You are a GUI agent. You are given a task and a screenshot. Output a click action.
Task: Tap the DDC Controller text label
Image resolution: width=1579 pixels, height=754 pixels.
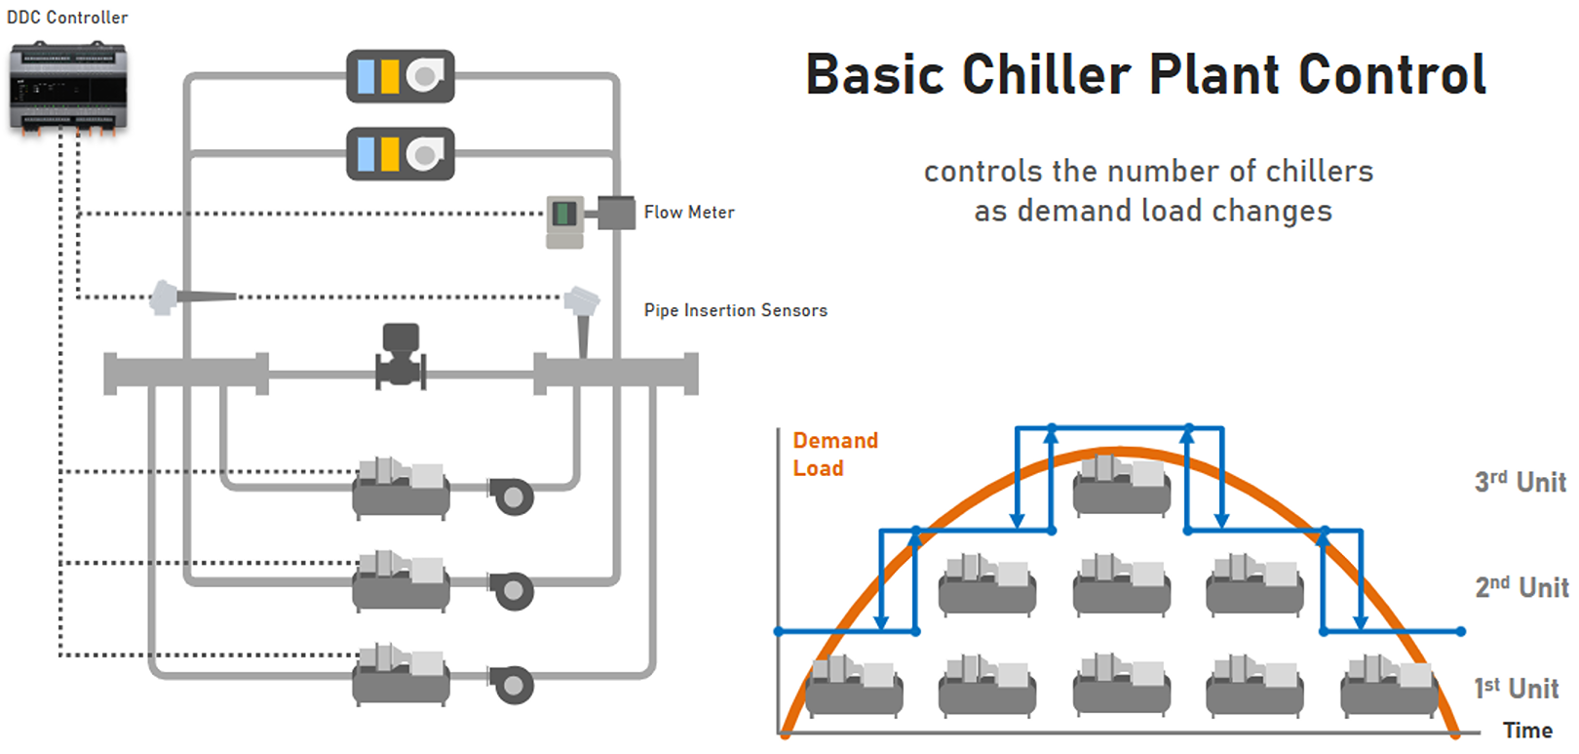[67, 18]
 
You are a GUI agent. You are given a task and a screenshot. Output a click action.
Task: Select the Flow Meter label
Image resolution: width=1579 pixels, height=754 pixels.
[689, 213]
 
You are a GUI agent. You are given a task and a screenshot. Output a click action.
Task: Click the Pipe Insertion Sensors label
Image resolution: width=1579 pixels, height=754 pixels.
[735, 310]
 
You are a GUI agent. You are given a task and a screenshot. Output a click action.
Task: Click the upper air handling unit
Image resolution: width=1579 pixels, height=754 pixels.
[401, 76]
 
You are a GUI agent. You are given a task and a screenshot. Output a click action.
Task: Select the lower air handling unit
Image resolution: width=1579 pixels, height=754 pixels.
[401, 154]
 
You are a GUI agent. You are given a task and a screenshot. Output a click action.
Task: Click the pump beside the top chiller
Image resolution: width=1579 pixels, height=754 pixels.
[513, 496]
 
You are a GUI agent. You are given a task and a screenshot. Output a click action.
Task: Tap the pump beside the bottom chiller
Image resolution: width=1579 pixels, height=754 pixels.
[513, 685]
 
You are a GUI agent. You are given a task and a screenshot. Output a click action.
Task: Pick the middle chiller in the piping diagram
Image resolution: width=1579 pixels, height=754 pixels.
[402, 581]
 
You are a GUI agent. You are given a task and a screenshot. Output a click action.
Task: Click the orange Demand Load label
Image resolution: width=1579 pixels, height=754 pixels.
[834, 455]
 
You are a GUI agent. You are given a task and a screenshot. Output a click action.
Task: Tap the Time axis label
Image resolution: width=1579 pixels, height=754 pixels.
[1527, 731]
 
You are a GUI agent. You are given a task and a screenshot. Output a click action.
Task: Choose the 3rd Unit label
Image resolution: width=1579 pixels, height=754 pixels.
[1520, 482]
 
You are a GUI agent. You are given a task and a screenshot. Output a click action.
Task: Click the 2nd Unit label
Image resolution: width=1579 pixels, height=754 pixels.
[1521, 587]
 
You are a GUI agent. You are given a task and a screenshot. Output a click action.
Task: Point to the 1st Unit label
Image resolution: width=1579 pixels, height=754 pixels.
[1516, 689]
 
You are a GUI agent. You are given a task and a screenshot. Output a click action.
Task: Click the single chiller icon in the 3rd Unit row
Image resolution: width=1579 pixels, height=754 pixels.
[1121, 485]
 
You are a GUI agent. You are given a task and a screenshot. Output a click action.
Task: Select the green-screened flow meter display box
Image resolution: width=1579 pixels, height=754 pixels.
[564, 214]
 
